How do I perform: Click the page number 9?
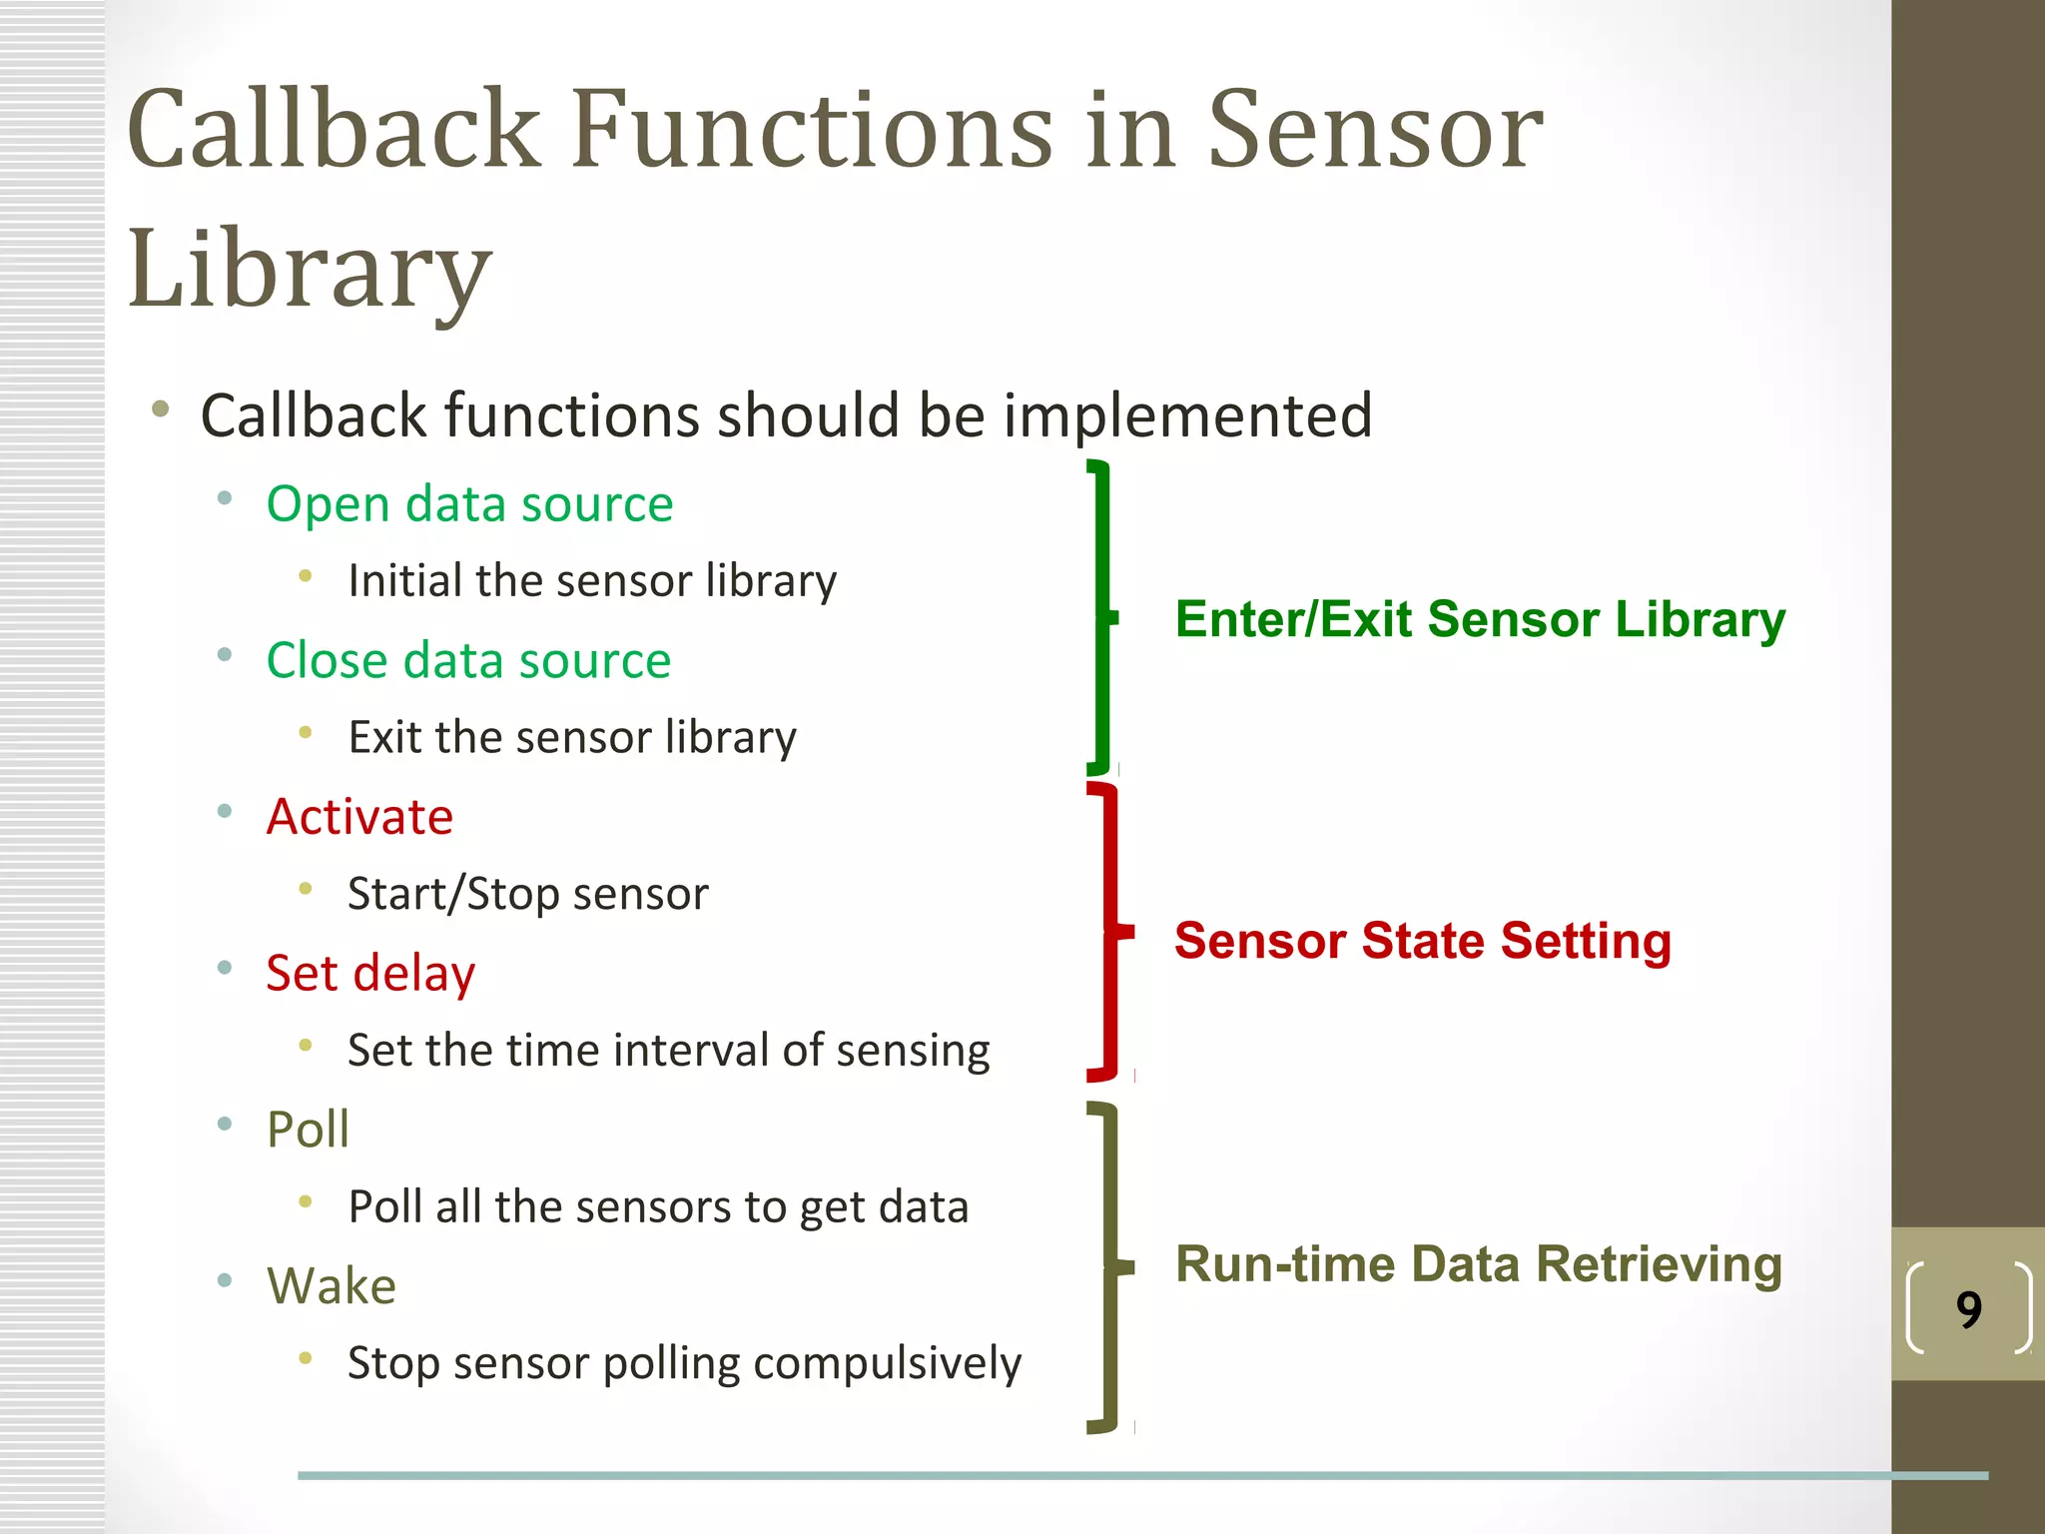(x=1968, y=1309)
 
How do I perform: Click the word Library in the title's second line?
(x=310, y=268)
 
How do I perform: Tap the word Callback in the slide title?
(x=334, y=130)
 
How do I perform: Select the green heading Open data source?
(x=469, y=503)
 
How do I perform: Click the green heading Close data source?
(x=468, y=660)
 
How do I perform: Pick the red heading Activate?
(x=359, y=817)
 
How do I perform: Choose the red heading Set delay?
(x=370, y=973)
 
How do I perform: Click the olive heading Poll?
(x=308, y=1130)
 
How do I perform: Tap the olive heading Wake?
(x=331, y=1285)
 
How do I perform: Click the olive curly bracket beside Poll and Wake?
(x=1110, y=1266)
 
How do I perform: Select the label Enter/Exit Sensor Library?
(x=1480, y=619)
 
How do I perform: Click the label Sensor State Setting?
(x=1422, y=941)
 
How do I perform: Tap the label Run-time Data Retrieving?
(x=1478, y=1264)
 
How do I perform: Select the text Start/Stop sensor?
(x=527, y=894)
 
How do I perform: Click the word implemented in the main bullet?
(x=1187, y=415)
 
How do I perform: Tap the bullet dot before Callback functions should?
(x=160, y=408)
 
